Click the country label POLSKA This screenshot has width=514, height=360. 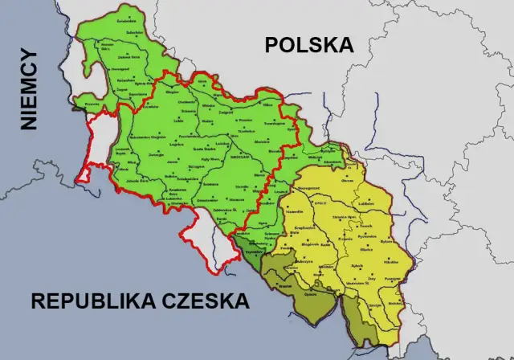(x=310, y=45)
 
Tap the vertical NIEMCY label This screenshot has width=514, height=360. (x=30, y=88)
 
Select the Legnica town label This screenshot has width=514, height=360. (x=176, y=147)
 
